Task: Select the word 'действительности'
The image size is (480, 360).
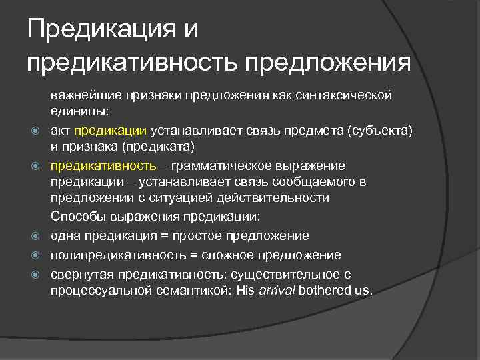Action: pyautogui.click(x=278, y=198)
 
